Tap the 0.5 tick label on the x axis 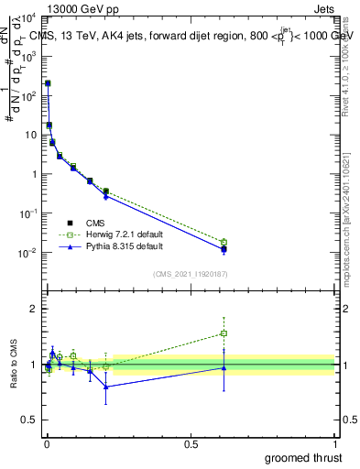(x=191, y=443)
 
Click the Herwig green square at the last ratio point (x=224, y=333)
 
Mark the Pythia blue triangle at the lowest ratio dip (x=106, y=387)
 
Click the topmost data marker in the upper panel (x=48, y=83)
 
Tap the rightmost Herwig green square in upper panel (x=224, y=242)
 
